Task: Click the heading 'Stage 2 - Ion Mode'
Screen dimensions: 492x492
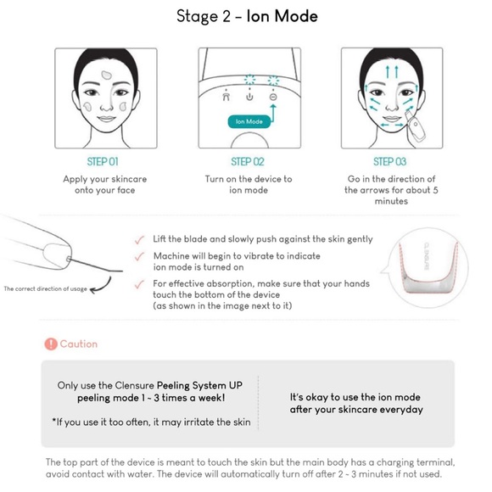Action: (x=246, y=15)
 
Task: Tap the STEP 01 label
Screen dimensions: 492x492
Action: (x=103, y=161)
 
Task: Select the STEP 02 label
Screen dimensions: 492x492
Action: (x=248, y=161)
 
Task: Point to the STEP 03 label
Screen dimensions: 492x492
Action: (x=389, y=161)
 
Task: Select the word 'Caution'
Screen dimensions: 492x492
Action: (x=79, y=344)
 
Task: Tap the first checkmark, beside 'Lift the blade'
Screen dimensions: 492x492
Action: (x=139, y=240)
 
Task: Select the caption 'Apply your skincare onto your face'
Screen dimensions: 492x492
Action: (x=103, y=185)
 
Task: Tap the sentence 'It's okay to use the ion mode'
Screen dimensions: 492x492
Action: (x=356, y=397)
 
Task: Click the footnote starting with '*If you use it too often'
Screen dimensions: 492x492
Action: (x=151, y=422)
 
